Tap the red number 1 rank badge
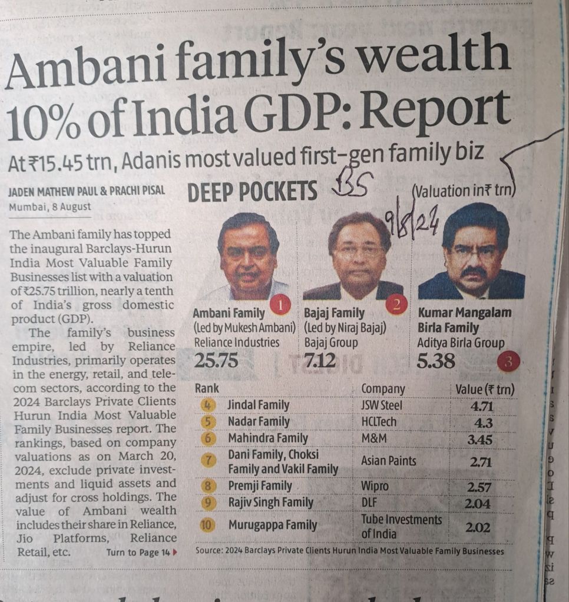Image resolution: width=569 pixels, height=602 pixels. click(x=280, y=304)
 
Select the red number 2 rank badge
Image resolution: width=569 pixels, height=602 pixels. click(x=396, y=304)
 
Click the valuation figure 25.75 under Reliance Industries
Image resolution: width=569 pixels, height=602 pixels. click(x=216, y=360)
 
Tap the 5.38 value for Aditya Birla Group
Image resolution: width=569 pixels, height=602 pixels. click(x=436, y=360)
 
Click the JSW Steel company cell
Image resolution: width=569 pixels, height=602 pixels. click(x=383, y=405)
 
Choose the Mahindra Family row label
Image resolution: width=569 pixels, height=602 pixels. click(x=268, y=438)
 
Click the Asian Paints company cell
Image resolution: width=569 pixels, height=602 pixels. click(x=389, y=461)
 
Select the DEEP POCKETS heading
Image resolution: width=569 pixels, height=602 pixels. click(x=252, y=192)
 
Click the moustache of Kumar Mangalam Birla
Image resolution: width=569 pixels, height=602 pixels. click(x=474, y=272)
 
